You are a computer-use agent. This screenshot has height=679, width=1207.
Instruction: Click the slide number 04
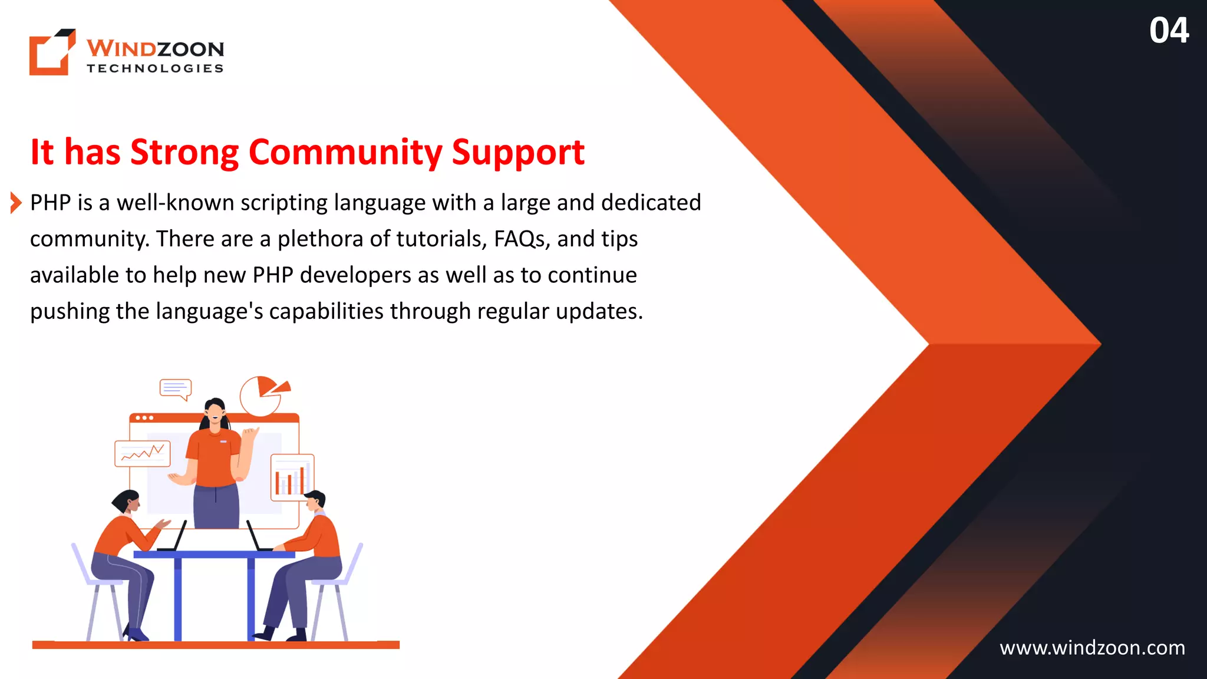coord(1169,31)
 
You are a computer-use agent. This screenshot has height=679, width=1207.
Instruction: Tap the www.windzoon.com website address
coord(1092,648)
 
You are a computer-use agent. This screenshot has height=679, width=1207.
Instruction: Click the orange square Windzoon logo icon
coord(52,52)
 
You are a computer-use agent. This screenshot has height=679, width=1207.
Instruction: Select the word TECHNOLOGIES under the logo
coord(155,68)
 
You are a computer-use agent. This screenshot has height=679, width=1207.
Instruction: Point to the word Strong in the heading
coord(184,152)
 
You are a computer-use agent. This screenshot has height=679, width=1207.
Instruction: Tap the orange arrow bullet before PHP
coord(16,203)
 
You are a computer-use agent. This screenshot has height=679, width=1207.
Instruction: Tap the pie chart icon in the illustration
coord(263,395)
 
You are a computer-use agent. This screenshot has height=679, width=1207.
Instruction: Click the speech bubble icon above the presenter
coord(176,389)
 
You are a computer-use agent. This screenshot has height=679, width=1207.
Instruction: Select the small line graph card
coord(143,453)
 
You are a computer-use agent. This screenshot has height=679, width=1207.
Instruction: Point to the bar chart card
coord(292,477)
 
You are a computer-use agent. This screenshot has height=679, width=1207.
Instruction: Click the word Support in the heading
coord(518,152)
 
